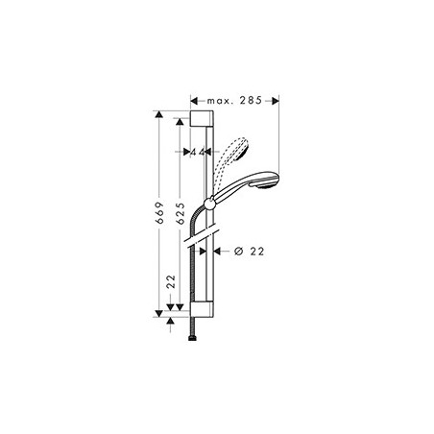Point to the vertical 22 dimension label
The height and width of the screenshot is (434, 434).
click(x=170, y=282)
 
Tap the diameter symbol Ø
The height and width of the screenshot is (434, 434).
click(x=236, y=252)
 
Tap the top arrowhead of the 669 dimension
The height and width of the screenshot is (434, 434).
click(x=157, y=113)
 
